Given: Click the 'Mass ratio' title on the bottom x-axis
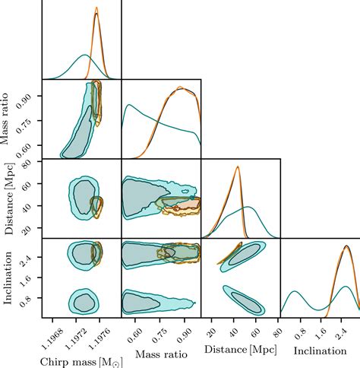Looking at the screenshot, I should click(x=160, y=354).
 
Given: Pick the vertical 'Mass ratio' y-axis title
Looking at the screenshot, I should click(x=9, y=119).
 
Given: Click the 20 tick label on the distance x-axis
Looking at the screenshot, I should click(x=214, y=329).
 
